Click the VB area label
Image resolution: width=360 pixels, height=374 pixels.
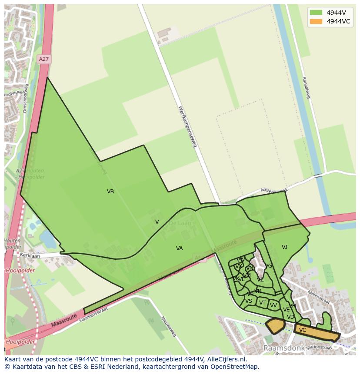110,192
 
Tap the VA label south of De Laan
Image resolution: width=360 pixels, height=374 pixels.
179,248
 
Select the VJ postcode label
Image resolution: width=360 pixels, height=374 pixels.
284,247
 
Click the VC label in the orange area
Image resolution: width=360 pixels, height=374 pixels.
303,330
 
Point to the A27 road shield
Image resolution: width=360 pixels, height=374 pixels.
43,59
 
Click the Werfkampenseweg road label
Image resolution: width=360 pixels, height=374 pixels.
187,126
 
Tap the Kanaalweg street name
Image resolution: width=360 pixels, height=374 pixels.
305,87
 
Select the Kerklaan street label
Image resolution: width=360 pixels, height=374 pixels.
30,256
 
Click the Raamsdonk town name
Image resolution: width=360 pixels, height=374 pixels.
283,348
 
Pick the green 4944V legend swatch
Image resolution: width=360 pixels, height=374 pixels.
316,13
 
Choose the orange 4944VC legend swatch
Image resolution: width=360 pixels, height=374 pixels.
316,21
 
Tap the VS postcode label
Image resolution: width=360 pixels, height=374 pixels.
249,301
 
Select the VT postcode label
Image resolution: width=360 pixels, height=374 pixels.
262,303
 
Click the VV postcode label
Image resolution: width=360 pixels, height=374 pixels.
273,305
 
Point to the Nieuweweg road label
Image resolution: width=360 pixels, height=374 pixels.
169,326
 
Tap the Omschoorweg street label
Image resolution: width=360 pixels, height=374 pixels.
25,99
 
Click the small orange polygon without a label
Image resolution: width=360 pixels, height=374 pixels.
275,325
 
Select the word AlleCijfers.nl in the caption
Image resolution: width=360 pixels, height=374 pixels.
226,360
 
